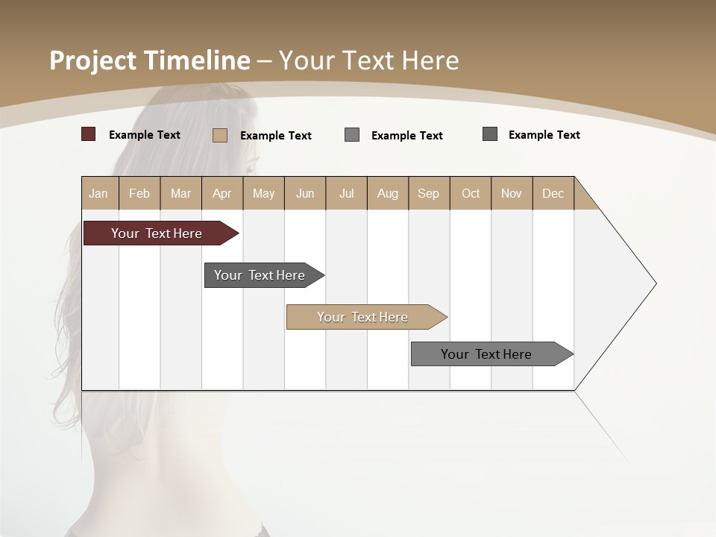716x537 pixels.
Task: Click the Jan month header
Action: point(98,193)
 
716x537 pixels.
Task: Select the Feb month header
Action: point(139,193)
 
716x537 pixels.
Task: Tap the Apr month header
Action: point(222,193)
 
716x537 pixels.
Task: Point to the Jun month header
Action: point(305,193)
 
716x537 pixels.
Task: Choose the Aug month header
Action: point(387,193)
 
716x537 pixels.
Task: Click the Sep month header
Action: point(428,193)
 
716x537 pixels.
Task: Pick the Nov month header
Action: point(511,193)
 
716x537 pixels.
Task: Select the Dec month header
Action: point(553,193)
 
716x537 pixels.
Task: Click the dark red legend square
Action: point(88,134)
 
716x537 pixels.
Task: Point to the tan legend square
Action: point(219,135)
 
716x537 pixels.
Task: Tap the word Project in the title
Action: point(93,60)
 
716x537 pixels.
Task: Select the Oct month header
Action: point(470,193)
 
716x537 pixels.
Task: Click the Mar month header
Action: point(180,193)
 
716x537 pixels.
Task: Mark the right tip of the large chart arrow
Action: point(655,283)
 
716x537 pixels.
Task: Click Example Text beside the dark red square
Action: point(145,135)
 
